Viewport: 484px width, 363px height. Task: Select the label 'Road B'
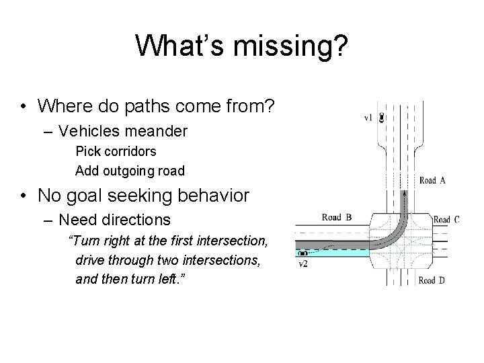point(337,217)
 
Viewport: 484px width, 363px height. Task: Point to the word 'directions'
point(133,219)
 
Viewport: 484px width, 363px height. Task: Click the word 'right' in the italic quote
point(112,241)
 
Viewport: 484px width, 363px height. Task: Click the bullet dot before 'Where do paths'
point(24,107)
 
